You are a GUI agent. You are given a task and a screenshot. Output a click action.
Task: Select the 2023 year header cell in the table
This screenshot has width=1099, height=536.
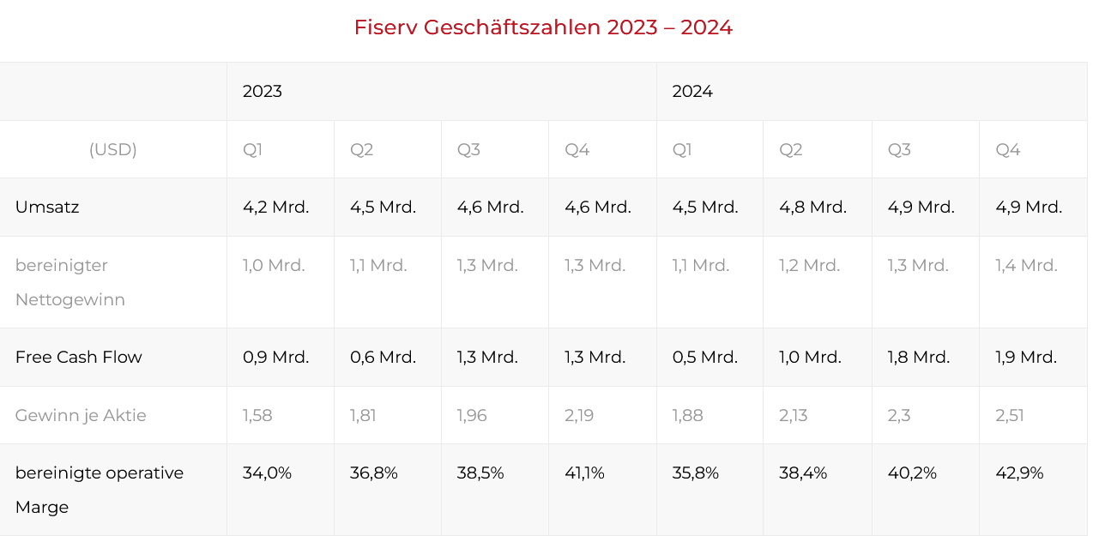point(263,91)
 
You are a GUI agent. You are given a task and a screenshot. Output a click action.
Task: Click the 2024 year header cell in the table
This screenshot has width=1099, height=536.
point(692,91)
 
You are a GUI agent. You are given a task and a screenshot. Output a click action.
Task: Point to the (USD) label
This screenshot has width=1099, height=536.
point(113,149)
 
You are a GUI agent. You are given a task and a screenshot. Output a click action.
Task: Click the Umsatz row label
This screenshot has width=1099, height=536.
point(47,207)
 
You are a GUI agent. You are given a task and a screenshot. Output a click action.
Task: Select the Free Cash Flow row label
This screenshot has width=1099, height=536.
point(79,357)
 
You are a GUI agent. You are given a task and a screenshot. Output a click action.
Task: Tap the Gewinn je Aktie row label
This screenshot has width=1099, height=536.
point(81,415)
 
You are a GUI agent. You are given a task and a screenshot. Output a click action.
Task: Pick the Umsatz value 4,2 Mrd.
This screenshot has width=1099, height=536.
point(276,207)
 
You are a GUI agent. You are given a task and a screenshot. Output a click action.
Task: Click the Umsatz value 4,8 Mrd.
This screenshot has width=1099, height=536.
point(812,207)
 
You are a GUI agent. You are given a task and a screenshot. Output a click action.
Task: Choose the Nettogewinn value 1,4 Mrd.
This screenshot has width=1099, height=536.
point(1027,265)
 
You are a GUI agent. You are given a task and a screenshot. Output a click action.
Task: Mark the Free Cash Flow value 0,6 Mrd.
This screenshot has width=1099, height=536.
point(383,357)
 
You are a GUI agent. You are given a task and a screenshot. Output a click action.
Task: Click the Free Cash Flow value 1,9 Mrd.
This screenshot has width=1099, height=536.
point(1026,357)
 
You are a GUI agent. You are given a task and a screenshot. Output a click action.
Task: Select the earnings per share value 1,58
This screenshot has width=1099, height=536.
point(258,415)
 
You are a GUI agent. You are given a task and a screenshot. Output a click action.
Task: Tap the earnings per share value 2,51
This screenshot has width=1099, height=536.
point(1010,415)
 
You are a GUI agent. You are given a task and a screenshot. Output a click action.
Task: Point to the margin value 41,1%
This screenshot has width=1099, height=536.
point(585,473)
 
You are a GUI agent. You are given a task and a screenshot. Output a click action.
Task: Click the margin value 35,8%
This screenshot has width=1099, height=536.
point(696,473)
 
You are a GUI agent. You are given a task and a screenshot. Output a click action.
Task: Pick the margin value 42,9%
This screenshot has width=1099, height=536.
point(1020,473)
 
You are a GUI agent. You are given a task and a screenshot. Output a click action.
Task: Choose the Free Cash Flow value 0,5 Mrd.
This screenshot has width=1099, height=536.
point(705,357)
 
